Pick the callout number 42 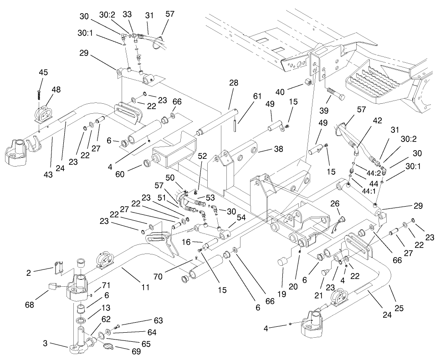point(364,122)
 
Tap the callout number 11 point(145,287)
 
